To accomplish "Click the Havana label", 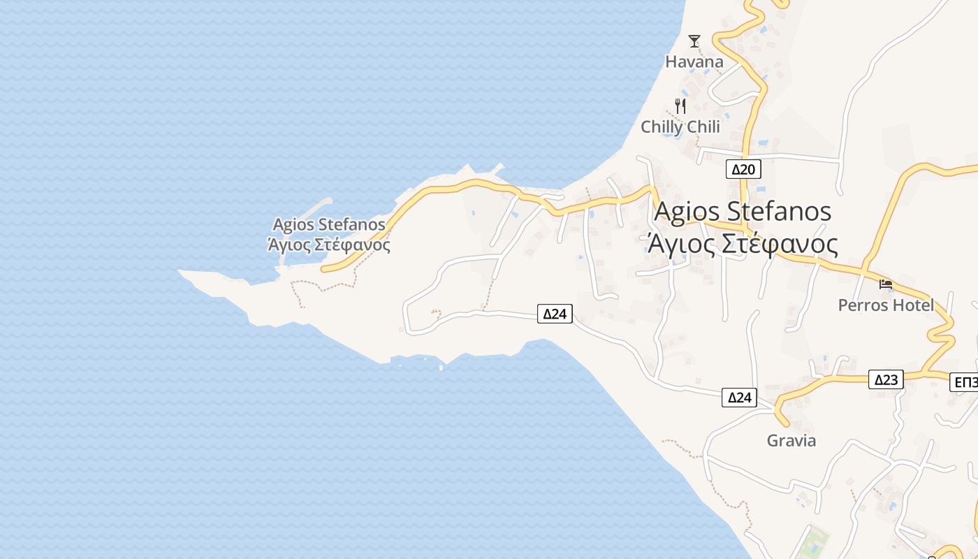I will click(694, 61).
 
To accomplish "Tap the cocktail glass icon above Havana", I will click(694, 41).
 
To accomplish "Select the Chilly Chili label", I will click(680, 126).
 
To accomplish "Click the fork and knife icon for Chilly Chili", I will click(680, 106).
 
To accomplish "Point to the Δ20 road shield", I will click(743, 169).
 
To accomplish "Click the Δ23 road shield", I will click(886, 379).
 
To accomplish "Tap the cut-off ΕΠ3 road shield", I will click(965, 382).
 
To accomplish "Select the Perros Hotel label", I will click(885, 305).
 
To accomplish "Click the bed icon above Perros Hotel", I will click(886, 284).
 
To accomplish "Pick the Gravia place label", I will click(791, 441).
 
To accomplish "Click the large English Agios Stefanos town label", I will click(743, 211).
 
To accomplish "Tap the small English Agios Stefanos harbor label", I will click(328, 224).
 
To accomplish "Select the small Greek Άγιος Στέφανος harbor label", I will click(328, 245).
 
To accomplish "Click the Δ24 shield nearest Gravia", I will click(739, 398).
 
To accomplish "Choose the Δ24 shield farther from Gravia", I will click(555, 314).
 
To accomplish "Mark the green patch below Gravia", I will click(814, 542).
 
